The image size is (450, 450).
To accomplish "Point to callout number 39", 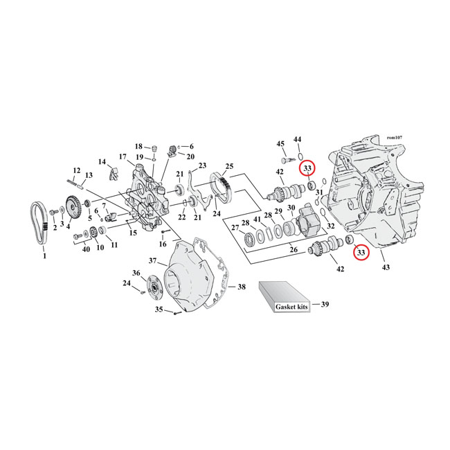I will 325,303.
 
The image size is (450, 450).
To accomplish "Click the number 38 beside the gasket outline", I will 241,287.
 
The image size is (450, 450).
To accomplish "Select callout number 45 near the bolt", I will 280,144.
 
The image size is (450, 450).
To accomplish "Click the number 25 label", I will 229,167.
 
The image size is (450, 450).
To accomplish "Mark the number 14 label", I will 102,162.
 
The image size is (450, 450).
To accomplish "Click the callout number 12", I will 77,170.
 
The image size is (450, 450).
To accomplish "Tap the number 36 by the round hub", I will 136,272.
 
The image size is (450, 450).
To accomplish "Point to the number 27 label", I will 235,227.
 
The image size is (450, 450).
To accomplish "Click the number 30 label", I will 291,208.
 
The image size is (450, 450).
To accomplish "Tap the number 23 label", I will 202,166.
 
